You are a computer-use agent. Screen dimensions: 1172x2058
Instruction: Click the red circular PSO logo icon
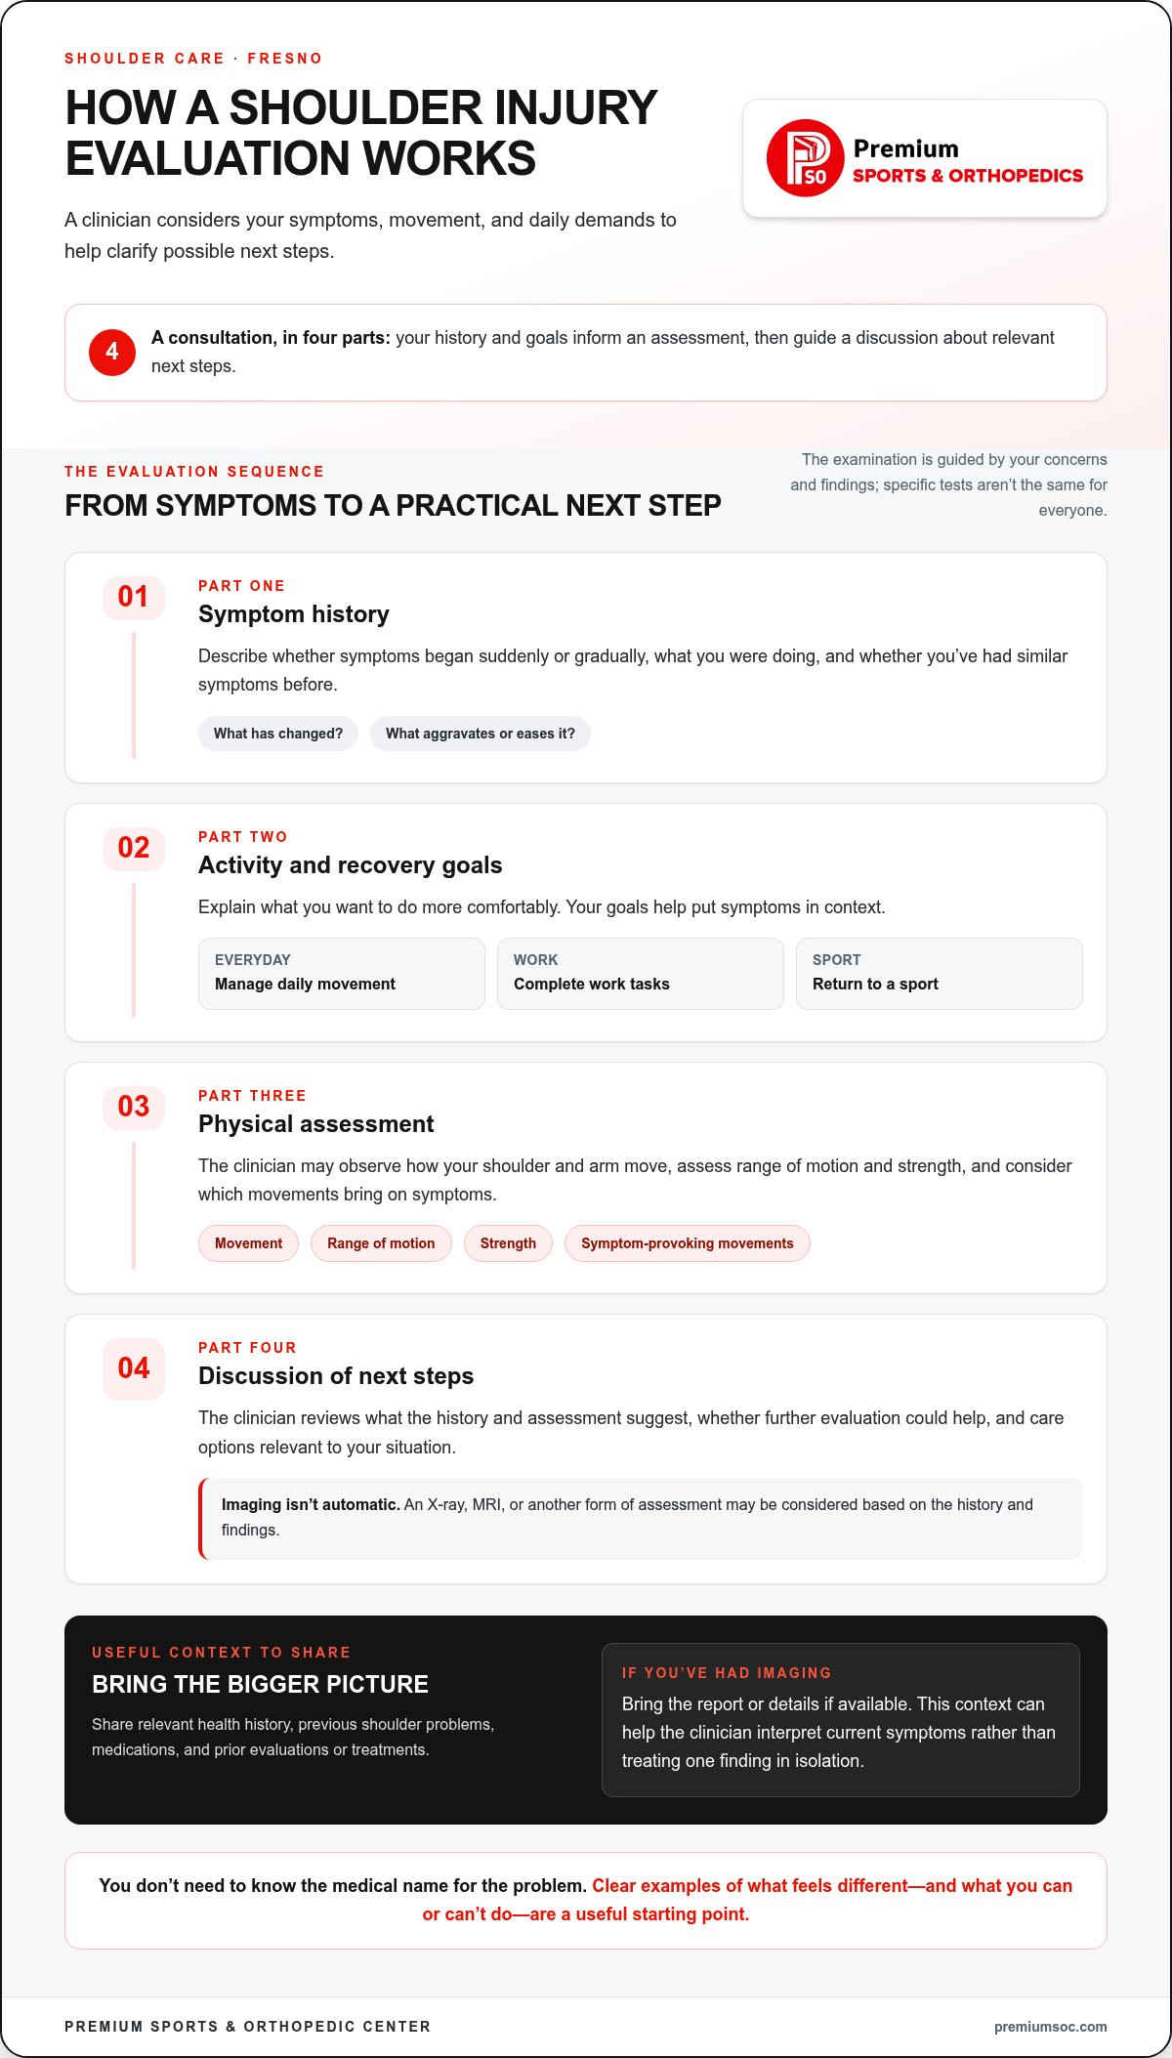[805, 158]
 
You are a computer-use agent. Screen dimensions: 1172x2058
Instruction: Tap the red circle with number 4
[112, 352]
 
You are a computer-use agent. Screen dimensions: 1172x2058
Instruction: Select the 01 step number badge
[134, 597]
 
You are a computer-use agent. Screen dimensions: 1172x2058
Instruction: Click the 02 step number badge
[134, 848]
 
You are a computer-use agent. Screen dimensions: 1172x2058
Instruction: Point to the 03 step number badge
[134, 1107]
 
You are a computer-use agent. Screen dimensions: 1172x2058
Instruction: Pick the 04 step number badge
[134, 1368]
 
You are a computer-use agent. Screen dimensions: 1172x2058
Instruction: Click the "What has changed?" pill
[278, 734]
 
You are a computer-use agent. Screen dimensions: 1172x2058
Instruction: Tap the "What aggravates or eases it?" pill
[481, 734]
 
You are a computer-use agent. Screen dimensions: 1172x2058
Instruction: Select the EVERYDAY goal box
[342, 974]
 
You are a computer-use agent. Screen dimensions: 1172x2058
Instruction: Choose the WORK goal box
[641, 974]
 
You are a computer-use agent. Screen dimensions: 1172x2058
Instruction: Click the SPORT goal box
[940, 974]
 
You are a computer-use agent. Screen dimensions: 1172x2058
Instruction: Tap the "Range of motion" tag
[381, 1243]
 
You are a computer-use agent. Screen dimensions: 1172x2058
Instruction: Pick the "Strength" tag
[508, 1243]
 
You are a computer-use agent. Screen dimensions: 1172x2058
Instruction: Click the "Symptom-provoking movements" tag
[688, 1243]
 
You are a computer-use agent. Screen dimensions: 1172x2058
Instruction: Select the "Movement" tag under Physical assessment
[248, 1243]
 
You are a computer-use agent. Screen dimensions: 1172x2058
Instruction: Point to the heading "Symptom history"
[294, 614]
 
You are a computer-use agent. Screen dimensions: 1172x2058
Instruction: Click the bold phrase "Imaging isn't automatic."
[311, 1504]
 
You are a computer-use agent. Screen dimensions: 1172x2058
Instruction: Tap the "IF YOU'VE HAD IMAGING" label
[727, 1673]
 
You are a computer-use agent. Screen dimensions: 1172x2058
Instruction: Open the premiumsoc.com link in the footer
[1051, 2027]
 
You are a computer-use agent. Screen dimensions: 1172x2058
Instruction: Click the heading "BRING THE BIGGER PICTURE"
[260, 1684]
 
